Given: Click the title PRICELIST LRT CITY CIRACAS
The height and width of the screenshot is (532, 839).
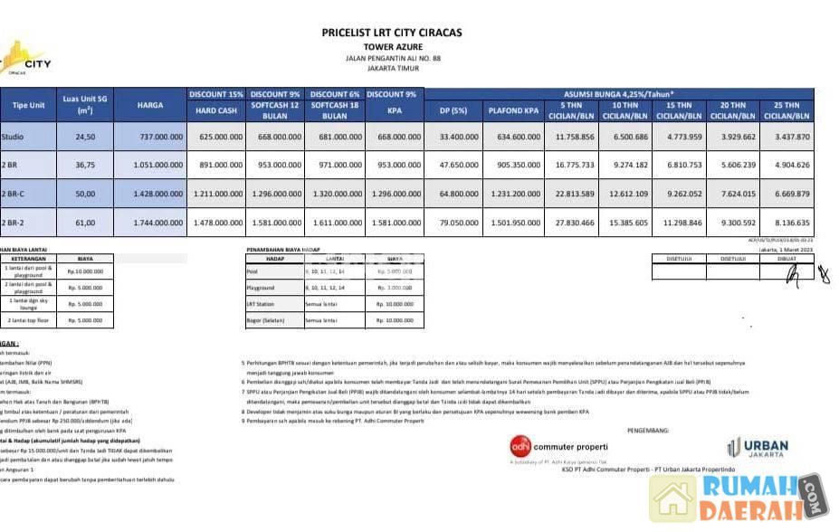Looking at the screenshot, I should [391, 33].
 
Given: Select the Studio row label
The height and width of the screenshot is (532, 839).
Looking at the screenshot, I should [12, 137].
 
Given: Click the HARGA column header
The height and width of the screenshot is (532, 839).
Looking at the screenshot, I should [150, 105].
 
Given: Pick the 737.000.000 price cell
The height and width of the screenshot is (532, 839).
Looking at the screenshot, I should [150, 137].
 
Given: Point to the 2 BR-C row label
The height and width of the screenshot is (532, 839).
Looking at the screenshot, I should [14, 194].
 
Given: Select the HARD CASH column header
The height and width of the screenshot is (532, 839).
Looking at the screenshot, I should [216, 111].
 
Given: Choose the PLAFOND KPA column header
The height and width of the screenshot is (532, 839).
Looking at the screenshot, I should [513, 111].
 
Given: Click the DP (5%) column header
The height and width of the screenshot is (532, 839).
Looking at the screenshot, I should [454, 111].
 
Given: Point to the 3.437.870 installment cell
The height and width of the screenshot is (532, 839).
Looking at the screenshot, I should [787, 137].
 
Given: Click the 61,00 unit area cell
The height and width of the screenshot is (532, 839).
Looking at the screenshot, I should [85, 223].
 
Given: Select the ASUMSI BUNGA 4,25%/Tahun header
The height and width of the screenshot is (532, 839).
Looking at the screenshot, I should [619, 93].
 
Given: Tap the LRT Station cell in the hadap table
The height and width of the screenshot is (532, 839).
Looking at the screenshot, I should [259, 304].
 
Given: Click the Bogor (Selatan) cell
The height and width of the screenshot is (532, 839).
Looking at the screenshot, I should [263, 320].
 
